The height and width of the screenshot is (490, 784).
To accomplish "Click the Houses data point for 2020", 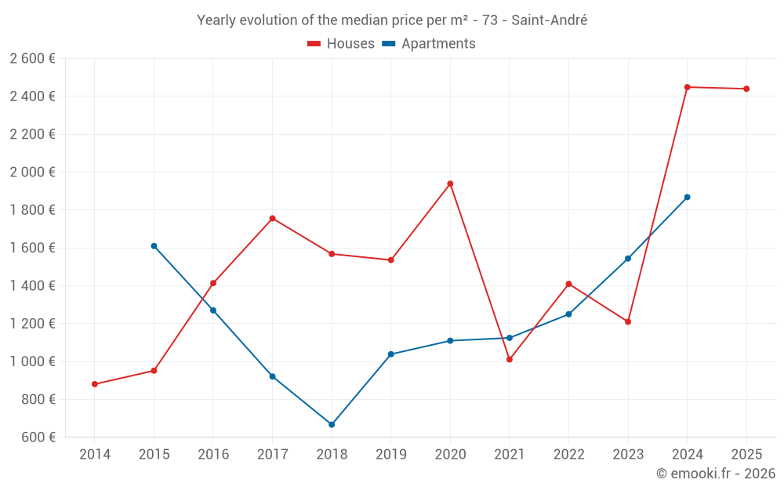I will click(450, 183).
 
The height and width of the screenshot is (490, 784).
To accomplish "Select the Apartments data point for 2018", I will click(332, 424).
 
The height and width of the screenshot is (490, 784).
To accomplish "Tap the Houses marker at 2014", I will click(95, 384).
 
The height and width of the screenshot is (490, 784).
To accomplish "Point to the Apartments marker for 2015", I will click(154, 246).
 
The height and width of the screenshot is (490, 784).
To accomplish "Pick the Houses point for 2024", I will click(688, 87).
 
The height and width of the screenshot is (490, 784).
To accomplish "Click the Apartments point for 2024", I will click(688, 198).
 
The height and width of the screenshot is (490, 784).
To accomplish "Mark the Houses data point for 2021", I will click(510, 360).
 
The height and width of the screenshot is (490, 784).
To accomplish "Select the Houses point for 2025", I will click(746, 89).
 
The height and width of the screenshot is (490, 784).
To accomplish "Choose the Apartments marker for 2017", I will click(273, 376).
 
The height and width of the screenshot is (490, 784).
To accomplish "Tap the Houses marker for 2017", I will click(273, 218).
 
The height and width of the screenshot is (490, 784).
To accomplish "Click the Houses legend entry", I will click(341, 44).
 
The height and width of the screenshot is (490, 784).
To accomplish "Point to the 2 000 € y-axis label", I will click(33, 172).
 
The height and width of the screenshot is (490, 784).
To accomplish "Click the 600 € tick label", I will click(38, 437).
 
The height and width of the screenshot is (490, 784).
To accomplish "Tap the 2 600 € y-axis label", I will click(33, 58).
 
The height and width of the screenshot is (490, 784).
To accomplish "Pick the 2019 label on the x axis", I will click(391, 454).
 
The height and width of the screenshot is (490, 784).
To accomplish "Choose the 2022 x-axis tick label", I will click(568, 454).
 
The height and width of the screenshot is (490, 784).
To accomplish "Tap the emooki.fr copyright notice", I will click(716, 474).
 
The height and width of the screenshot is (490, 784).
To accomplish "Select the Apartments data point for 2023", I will click(628, 259).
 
